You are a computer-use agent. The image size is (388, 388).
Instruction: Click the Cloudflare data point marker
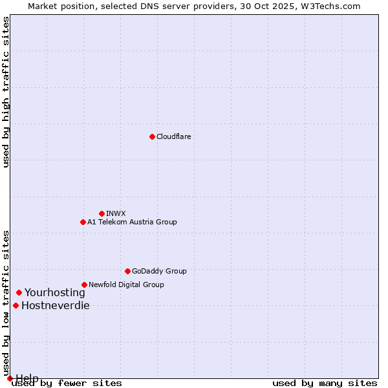(x=152, y=136)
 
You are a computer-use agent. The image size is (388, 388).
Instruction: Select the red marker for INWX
(x=102, y=213)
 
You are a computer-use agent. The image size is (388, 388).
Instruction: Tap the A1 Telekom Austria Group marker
(x=83, y=222)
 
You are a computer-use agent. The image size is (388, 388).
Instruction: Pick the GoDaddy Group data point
(x=127, y=271)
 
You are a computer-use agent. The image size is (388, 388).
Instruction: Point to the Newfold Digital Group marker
(x=84, y=285)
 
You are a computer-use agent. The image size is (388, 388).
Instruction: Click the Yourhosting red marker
(x=19, y=292)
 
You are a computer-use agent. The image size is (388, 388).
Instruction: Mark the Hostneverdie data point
(x=16, y=305)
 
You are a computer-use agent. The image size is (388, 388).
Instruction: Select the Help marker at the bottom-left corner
(x=10, y=378)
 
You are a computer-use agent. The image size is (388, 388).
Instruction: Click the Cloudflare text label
(x=173, y=136)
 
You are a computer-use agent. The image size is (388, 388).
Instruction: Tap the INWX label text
(x=116, y=213)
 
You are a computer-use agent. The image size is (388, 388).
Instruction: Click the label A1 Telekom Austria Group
(x=132, y=222)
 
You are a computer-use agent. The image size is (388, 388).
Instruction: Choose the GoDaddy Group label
(x=159, y=271)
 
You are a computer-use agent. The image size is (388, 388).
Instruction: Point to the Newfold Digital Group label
(x=126, y=285)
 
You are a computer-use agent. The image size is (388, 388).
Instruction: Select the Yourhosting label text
(x=54, y=292)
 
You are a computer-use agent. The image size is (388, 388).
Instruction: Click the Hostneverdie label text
(x=56, y=305)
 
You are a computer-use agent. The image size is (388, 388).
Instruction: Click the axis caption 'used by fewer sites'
(x=67, y=383)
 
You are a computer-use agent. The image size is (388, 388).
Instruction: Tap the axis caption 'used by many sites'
(x=325, y=383)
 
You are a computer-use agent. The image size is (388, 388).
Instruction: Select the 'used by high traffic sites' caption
(x=6, y=92)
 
